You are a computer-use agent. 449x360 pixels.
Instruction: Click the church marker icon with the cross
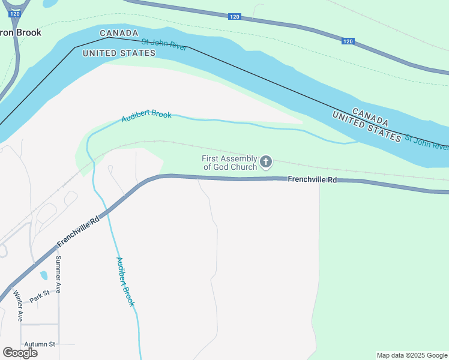point(265,161)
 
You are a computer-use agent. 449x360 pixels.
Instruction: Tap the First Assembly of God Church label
point(230,163)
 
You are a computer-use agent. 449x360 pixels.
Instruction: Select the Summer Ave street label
point(58,275)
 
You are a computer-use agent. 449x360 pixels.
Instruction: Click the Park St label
point(39,296)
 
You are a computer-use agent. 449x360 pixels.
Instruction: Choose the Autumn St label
point(40,344)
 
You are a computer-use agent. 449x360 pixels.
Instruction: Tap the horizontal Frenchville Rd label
point(312,179)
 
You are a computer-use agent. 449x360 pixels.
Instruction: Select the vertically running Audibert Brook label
point(125,281)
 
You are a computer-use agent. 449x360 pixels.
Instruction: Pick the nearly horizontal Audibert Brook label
point(146,116)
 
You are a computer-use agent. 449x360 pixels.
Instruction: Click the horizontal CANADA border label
point(119,33)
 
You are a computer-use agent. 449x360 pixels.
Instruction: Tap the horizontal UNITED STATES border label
point(119,53)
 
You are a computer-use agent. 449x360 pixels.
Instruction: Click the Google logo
point(20,353)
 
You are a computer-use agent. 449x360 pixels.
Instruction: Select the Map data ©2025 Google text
point(412,355)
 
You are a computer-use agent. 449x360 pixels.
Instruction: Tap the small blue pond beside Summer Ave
point(44,276)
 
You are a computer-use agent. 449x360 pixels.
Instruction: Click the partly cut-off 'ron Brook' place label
point(21,32)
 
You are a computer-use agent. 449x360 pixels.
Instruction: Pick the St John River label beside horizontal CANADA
point(164,44)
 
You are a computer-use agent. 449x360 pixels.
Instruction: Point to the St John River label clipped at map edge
point(426,142)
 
